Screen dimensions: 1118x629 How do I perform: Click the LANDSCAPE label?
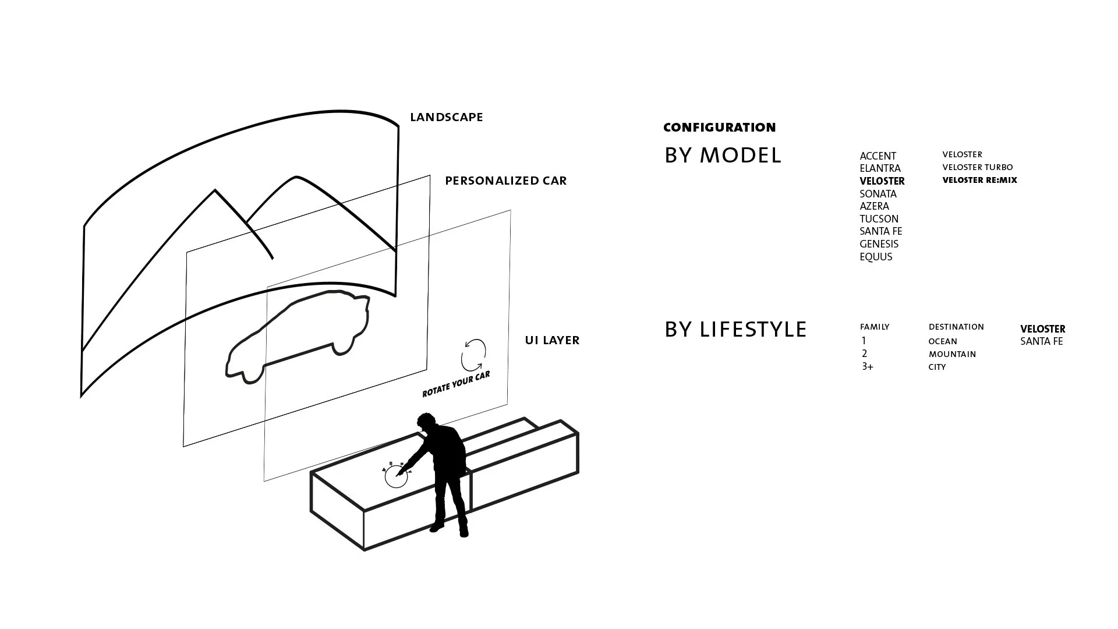click(x=447, y=117)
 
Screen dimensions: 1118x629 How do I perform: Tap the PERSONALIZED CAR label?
click(x=506, y=181)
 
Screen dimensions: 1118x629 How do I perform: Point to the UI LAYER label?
click(x=552, y=340)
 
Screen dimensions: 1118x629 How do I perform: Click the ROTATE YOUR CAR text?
click(x=457, y=384)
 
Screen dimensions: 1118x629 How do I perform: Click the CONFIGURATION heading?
click(x=720, y=128)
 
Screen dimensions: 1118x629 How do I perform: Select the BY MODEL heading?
click(x=723, y=156)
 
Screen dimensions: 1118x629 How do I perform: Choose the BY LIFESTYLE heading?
click(x=735, y=330)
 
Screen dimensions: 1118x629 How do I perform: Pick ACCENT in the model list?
click(x=878, y=156)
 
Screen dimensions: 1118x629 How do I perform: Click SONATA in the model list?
click(x=878, y=194)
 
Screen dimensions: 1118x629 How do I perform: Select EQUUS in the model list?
click(x=876, y=257)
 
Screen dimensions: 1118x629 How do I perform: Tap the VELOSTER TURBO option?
click(x=978, y=167)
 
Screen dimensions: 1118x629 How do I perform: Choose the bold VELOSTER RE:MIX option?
click(x=979, y=180)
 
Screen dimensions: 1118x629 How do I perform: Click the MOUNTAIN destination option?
click(x=952, y=354)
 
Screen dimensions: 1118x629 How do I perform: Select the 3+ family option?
click(x=868, y=367)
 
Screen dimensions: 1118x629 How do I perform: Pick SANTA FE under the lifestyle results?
click(x=1042, y=342)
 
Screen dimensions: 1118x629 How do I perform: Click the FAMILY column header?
click(x=875, y=327)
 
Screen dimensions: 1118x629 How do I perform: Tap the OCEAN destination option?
click(x=943, y=341)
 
